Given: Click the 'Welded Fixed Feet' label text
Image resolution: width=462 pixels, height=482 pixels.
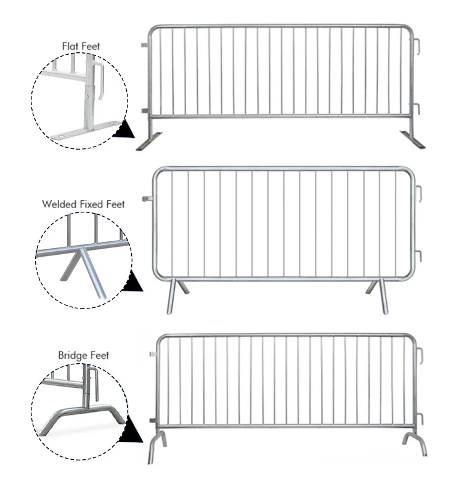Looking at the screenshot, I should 83,204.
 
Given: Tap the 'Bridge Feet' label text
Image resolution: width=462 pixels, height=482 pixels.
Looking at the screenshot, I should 83,355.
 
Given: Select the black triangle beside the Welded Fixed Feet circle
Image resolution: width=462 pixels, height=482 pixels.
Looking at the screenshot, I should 132,283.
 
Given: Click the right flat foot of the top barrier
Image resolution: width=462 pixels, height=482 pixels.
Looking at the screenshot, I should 412,139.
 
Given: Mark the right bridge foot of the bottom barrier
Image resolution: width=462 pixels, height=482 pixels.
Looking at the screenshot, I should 414,443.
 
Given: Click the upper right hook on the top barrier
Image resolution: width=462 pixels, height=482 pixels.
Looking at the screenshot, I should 416,47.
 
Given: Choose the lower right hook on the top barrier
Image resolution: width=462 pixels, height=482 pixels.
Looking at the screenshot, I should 416,109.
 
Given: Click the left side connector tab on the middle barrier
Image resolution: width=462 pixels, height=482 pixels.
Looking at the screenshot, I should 147,199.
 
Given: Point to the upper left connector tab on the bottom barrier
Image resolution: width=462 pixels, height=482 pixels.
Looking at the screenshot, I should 153,355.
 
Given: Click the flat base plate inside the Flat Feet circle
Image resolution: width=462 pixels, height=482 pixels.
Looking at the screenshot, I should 86,130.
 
